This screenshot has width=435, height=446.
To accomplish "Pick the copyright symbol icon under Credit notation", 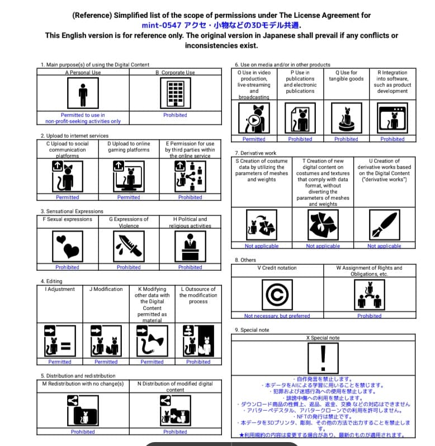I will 277,293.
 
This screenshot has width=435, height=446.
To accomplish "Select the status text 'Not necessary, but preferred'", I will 277,316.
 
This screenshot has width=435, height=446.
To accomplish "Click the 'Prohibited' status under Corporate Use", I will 175,115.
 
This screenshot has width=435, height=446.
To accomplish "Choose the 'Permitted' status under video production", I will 254,139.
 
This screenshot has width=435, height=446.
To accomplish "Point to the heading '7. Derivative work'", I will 256,153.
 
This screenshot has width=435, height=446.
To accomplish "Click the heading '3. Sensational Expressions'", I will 72,211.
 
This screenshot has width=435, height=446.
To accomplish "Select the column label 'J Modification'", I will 106,289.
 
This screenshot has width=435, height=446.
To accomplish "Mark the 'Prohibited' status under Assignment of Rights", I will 369,316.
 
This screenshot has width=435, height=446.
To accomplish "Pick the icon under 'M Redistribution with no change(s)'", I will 83,409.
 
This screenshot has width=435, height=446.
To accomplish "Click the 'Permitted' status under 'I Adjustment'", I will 60,362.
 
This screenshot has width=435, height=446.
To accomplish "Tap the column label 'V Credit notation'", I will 277,267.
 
